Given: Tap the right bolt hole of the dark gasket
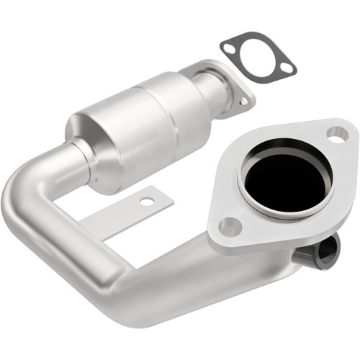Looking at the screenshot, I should click(x=287, y=68).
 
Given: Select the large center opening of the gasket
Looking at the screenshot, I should click(x=257, y=57).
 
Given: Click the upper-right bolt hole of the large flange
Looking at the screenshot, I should click(x=336, y=133).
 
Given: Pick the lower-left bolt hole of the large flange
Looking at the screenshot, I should click(x=230, y=228).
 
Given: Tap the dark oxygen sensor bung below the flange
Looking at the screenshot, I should click(x=320, y=252).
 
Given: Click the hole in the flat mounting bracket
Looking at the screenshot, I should click(x=147, y=202).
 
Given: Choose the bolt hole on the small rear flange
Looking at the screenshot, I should click(x=244, y=102).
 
